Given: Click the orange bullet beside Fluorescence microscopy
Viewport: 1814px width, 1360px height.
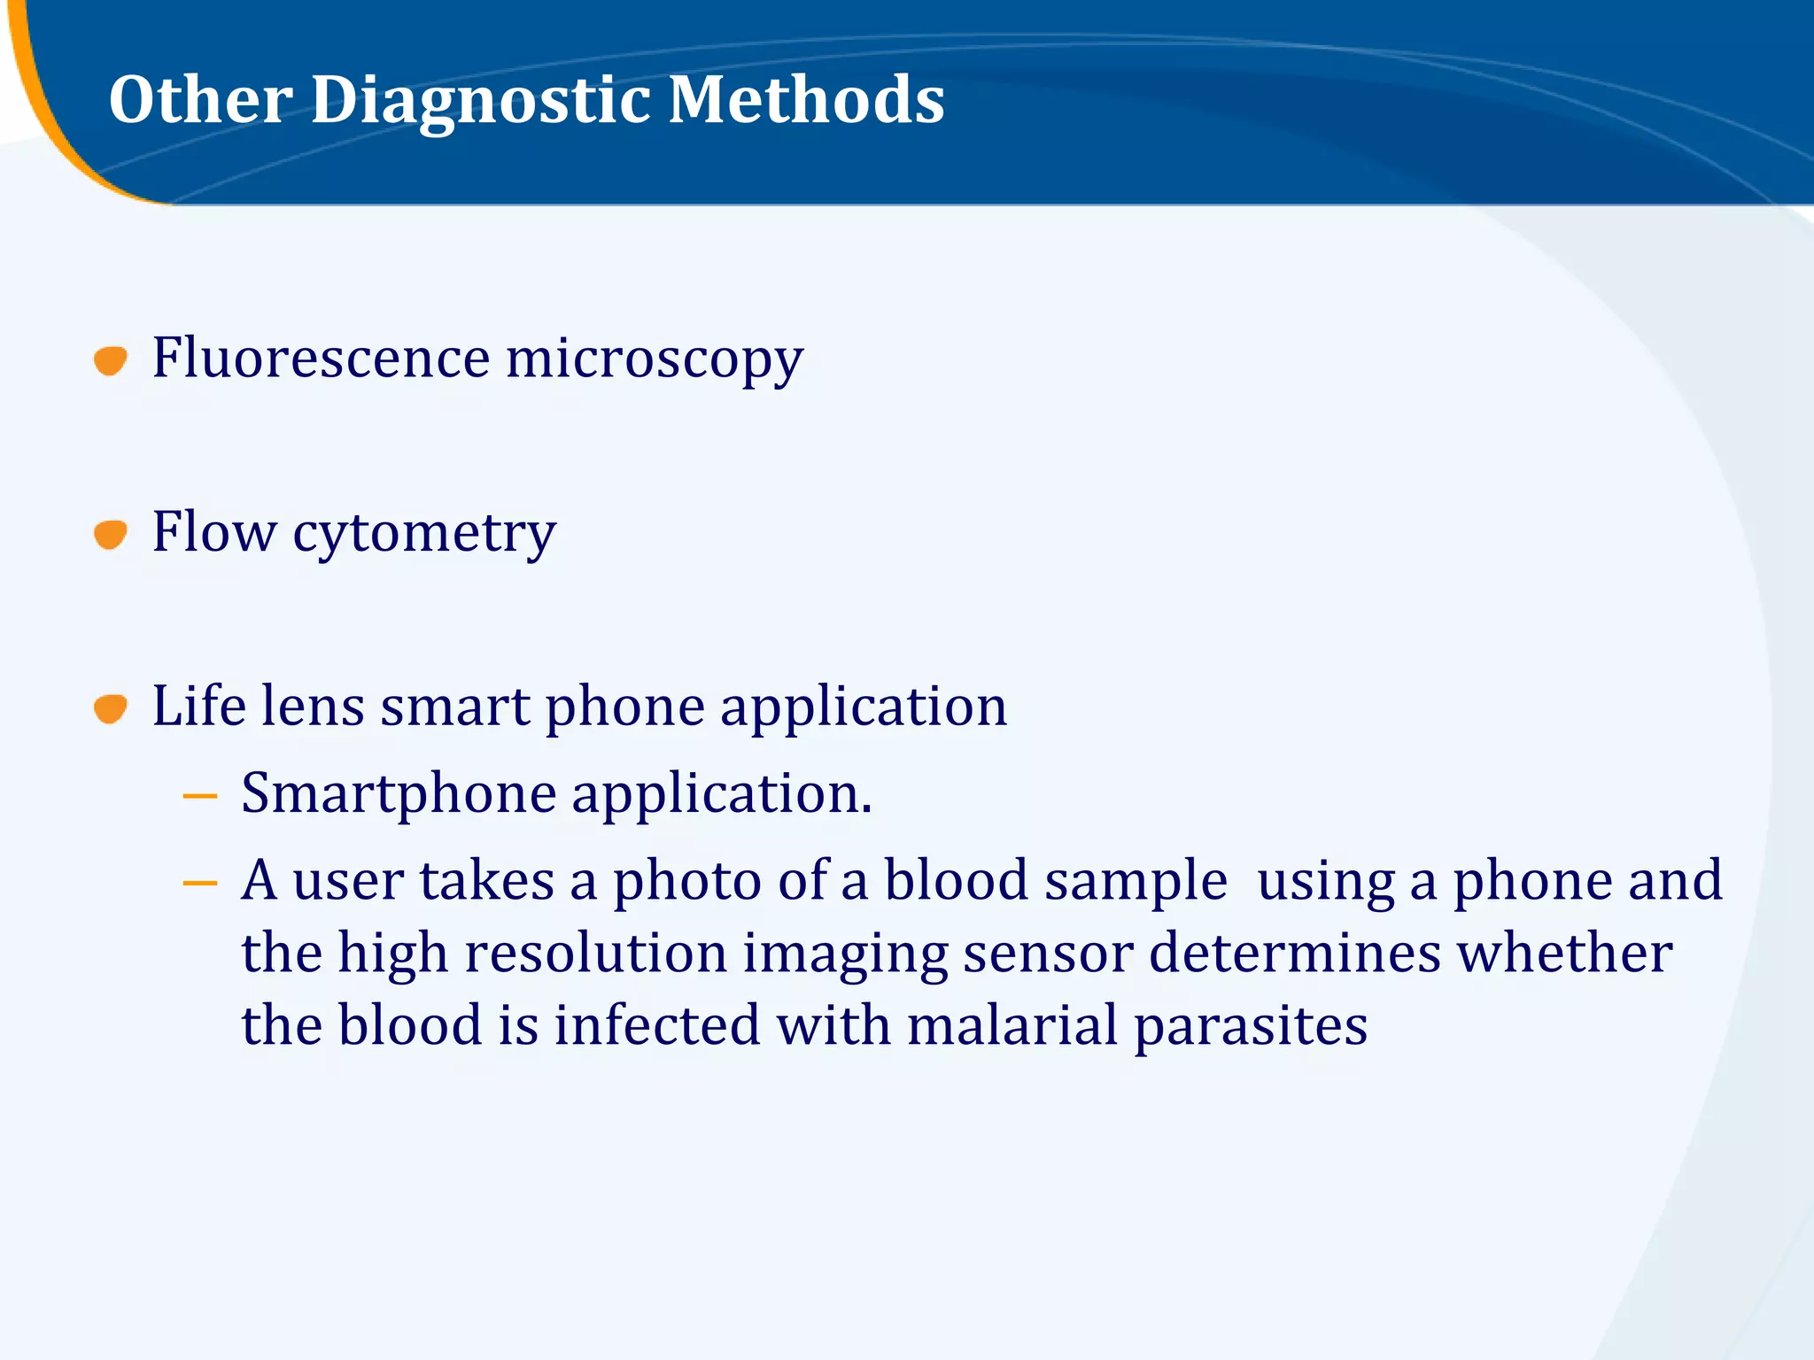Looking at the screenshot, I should [x=111, y=360].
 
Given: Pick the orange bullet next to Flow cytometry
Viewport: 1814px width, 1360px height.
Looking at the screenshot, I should [x=111, y=535].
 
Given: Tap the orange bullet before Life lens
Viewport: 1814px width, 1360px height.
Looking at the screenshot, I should [x=111, y=708].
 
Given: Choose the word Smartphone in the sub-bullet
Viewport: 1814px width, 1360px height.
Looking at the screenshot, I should [x=399, y=794].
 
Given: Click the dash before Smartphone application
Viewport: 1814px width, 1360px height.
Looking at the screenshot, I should [x=200, y=796].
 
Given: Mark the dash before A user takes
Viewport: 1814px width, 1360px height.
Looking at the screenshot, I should [x=200, y=883].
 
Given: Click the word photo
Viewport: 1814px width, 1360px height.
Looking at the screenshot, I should [x=686, y=882].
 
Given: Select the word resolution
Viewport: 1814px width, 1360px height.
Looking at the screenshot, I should [x=595, y=954].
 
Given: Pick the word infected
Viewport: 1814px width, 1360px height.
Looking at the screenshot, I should [x=657, y=1025].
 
